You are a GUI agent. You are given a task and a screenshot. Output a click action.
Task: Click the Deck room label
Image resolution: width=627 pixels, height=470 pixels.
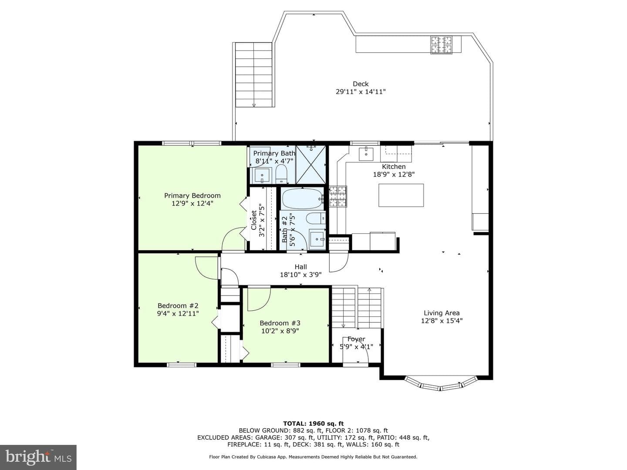(x=361, y=84)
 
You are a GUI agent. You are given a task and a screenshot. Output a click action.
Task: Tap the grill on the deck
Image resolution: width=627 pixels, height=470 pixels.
(x=442, y=45)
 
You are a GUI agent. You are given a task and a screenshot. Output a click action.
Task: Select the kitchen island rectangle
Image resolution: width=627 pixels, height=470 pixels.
(x=401, y=195)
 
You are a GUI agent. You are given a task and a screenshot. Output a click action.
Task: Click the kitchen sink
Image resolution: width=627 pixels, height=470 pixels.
(x=366, y=154)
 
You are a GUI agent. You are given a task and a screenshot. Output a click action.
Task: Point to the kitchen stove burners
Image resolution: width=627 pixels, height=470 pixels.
(x=338, y=196)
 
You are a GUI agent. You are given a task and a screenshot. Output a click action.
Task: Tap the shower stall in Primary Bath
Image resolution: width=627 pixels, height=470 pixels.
(x=311, y=164)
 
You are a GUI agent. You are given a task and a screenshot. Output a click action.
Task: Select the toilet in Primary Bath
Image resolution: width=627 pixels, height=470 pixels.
(x=281, y=174)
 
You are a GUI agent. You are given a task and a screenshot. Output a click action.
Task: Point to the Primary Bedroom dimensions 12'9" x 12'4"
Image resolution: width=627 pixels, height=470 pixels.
(x=192, y=204)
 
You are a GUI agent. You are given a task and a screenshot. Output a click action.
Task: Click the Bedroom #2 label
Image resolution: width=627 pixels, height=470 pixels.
(x=178, y=305)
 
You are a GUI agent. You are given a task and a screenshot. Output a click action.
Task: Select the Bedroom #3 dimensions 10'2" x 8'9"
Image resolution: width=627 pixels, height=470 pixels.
(x=280, y=331)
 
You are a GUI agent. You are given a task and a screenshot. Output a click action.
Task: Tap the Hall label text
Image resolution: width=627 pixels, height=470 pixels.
(x=300, y=267)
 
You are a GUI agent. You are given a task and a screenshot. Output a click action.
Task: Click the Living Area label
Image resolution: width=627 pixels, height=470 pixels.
(x=442, y=313)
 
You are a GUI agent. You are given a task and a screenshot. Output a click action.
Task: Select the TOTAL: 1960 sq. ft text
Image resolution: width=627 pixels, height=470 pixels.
(x=313, y=423)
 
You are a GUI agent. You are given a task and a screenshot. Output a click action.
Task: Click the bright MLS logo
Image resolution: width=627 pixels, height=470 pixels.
(x=38, y=457)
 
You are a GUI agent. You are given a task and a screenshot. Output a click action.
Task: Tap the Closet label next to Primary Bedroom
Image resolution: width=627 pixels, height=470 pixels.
(x=254, y=220)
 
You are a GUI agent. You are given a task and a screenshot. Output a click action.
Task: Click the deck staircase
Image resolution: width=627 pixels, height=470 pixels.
(x=254, y=75)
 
